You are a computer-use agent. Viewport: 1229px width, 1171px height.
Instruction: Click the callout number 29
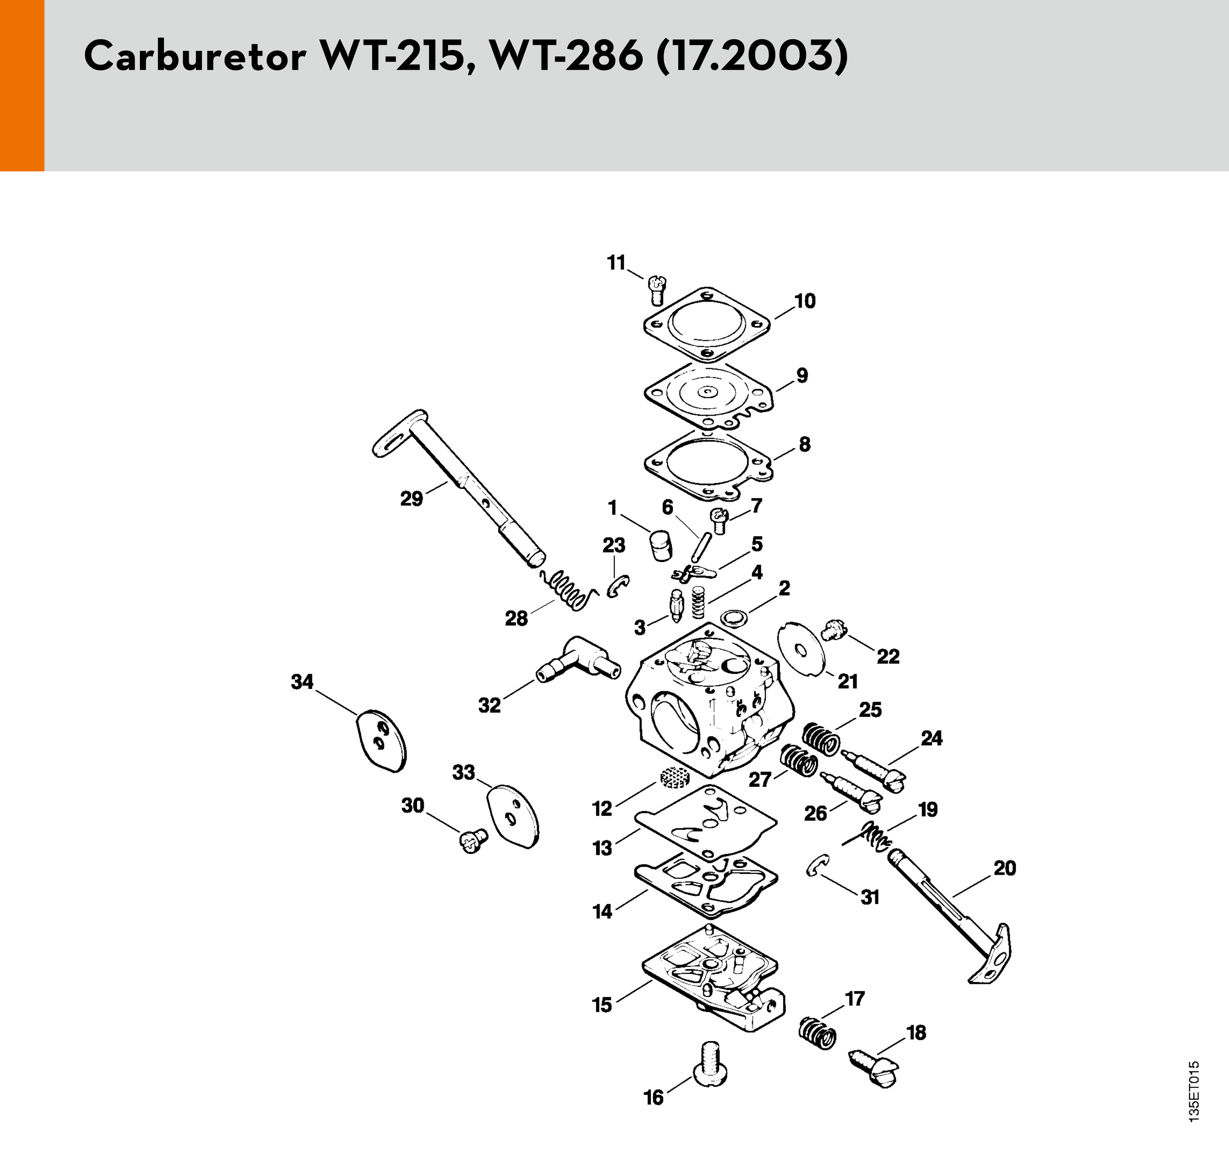pos(411,499)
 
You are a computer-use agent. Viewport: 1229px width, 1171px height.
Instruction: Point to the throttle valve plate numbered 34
pos(381,741)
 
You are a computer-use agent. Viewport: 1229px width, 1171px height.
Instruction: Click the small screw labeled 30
pos(473,842)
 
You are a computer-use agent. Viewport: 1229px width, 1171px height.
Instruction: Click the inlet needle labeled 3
pos(675,604)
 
